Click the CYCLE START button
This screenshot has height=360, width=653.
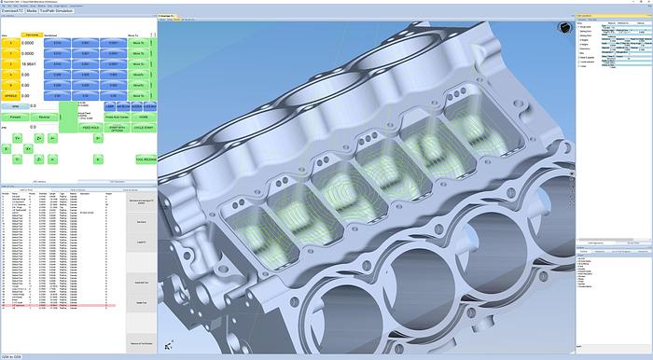pyautogui.click(x=145, y=129)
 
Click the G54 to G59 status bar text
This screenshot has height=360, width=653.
pyautogui.click(x=13, y=355)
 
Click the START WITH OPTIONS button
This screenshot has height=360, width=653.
pyautogui.click(x=117, y=129)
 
